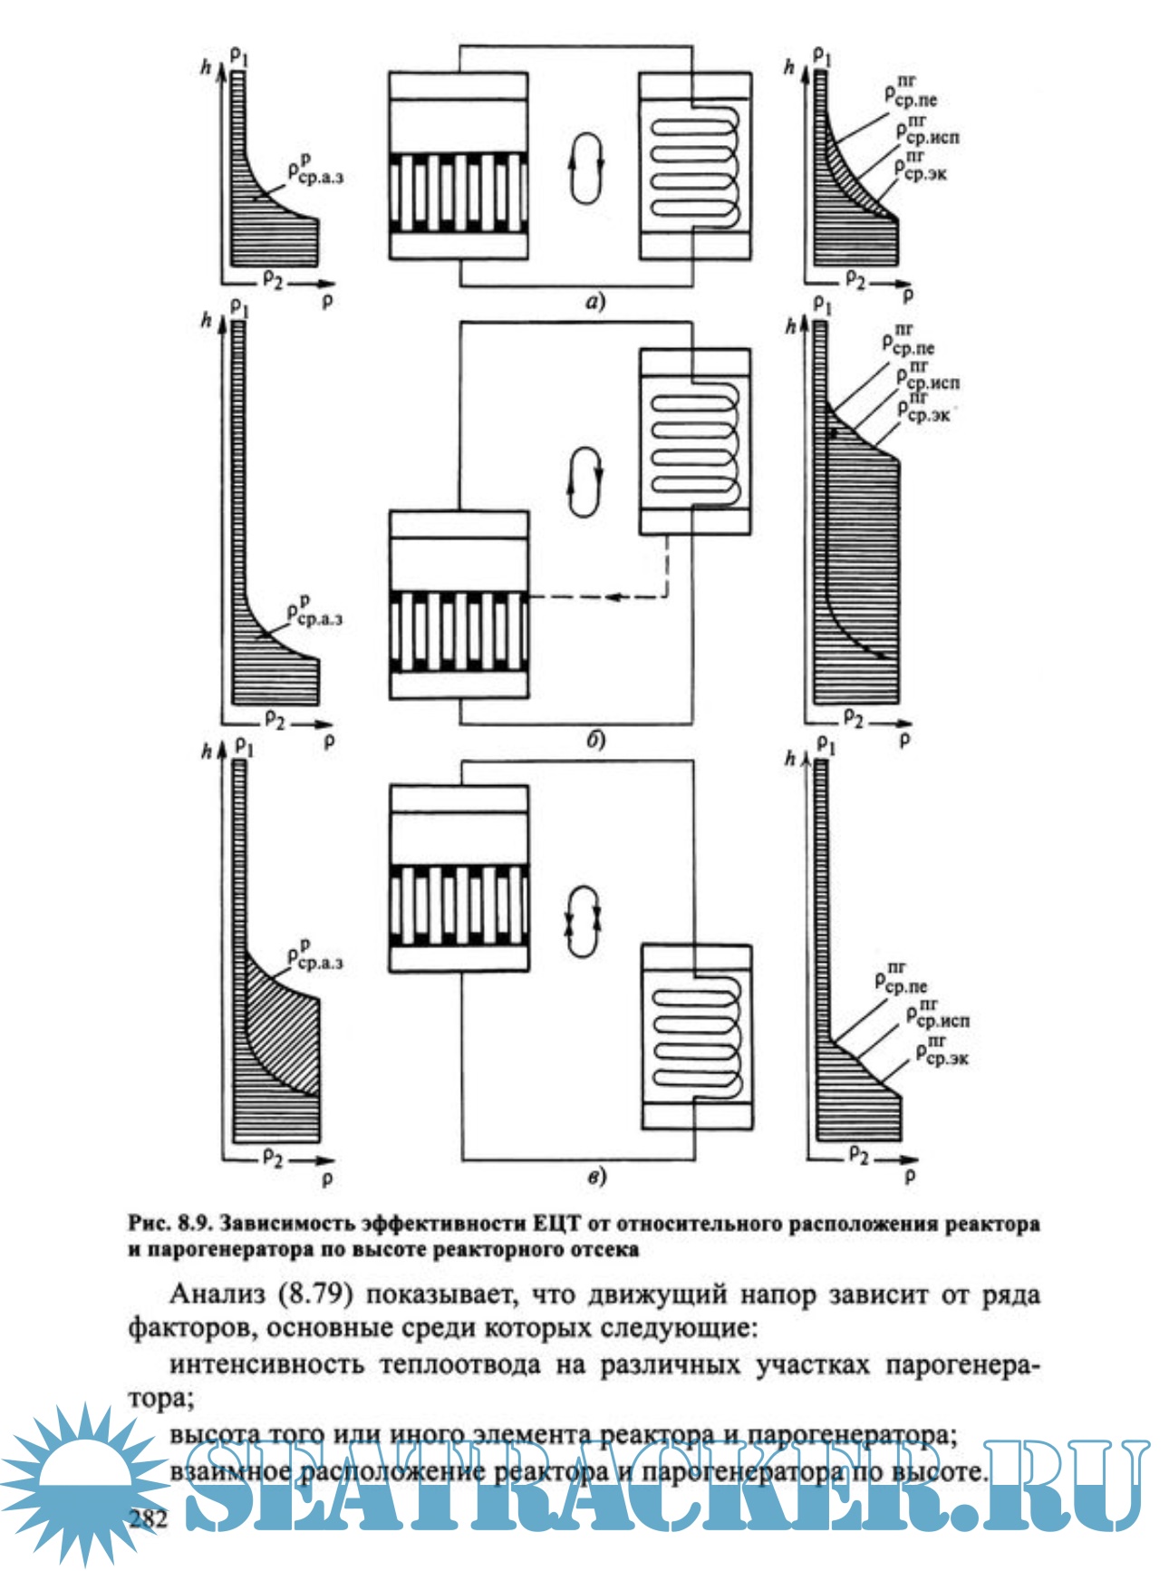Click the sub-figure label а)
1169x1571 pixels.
(x=594, y=301)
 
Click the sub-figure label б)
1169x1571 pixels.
(x=594, y=741)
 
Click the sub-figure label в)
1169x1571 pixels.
(x=594, y=1177)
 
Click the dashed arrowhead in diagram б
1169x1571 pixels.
(x=616, y=596)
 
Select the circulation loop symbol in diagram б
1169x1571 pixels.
(x=584, y=480)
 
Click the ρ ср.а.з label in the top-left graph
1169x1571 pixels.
(x=314, y=170)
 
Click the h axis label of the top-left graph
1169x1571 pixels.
(x=207, y=66)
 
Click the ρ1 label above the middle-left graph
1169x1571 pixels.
(x=239, y=308)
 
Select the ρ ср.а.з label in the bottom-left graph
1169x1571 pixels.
(x=314, y=956)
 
